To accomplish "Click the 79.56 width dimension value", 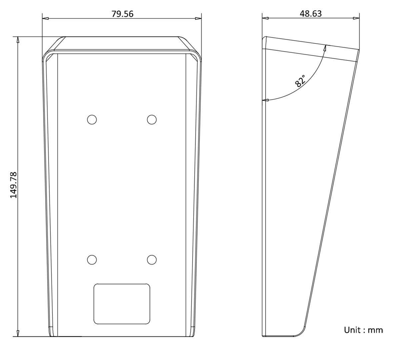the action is [x=122, y=14].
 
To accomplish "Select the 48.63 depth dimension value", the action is [x=311, y=14].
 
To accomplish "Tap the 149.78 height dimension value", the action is [x=14, y=185].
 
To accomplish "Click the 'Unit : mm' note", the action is [x=363, y=330].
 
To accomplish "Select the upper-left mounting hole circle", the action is [x=92, y=119].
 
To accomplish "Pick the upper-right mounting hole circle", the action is [x=152, y=119].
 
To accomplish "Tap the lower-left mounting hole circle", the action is [x=92, y=260].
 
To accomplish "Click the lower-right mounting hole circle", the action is [x=152, y=260].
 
